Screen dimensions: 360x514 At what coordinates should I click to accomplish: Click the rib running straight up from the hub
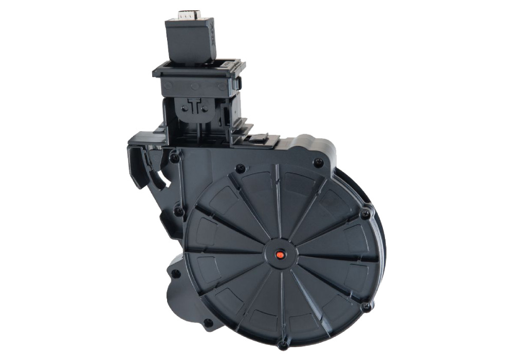[278, 206]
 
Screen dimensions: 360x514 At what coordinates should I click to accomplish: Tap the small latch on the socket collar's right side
[239, 82]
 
